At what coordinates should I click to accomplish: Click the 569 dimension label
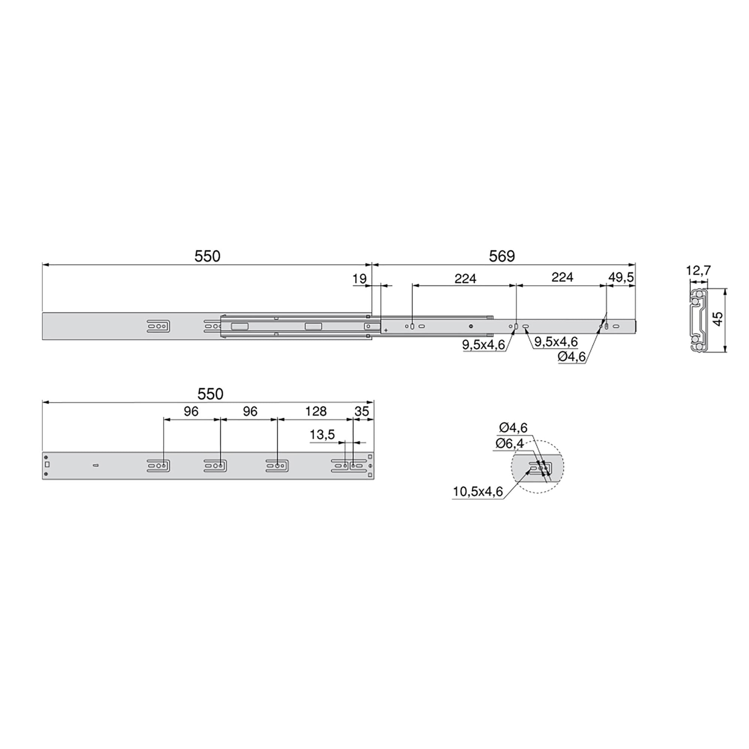point(502,256)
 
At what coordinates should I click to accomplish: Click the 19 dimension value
point(360,279)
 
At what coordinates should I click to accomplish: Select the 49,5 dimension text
point(621,277)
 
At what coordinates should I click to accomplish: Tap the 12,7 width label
point(698,270)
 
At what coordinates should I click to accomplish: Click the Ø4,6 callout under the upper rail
point(572,357)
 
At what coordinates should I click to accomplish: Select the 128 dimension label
point(316,411)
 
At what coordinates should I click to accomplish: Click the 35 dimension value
point(361,411)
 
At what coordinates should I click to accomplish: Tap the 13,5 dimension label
point(322,434)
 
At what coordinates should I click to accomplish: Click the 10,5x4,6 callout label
point(477,492)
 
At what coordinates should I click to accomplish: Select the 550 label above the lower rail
point(210,394)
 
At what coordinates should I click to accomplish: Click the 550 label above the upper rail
point(207,256)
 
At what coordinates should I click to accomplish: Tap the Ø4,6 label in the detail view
point(513,428)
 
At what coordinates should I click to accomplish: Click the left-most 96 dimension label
point(191,411)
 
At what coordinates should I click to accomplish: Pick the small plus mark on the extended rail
point(386,330)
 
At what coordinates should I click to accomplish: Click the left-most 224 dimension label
point(465,278)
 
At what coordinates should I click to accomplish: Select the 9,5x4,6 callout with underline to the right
point(556,342)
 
